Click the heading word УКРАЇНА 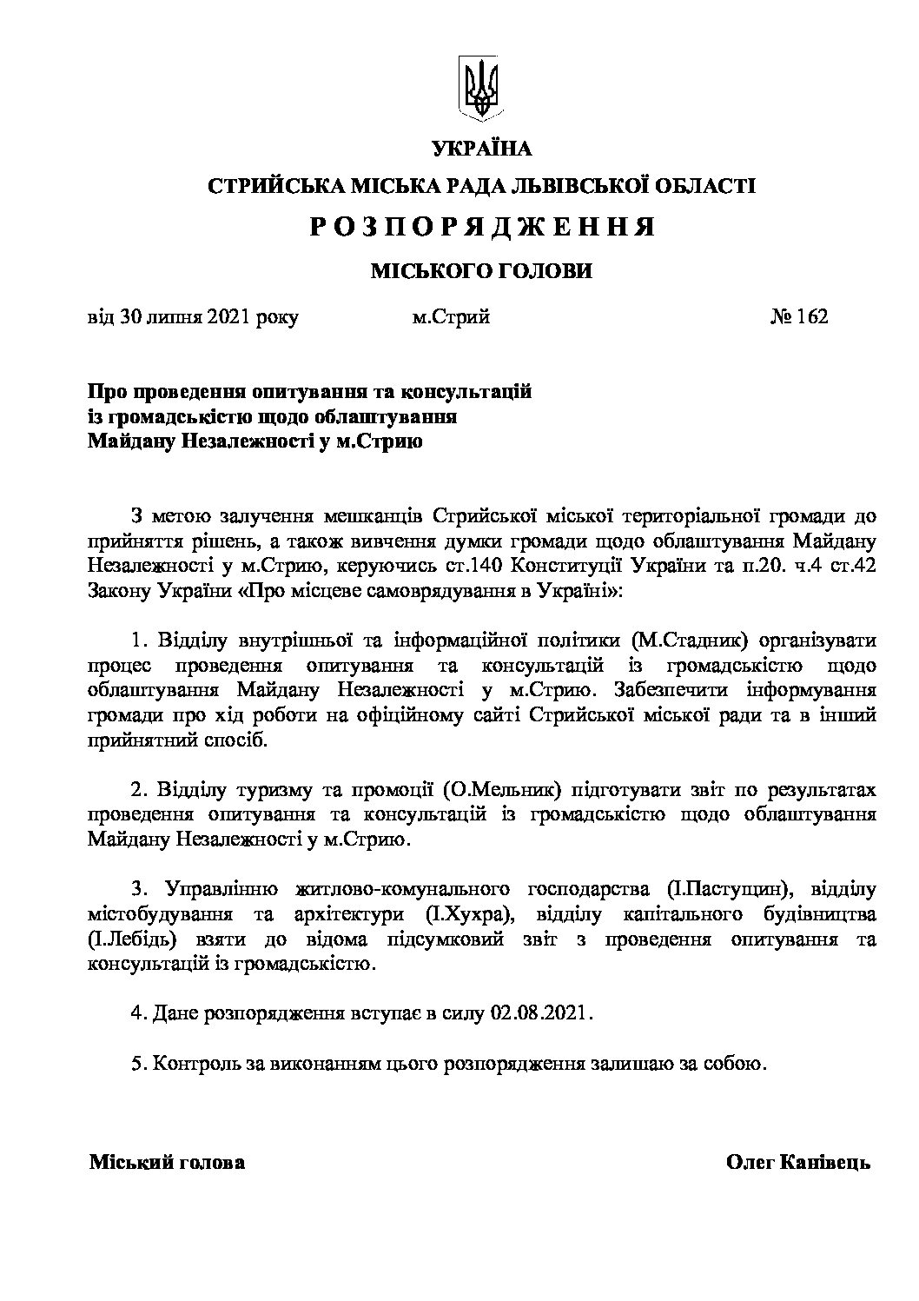481,149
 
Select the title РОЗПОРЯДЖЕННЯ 481,228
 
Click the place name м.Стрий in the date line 451,316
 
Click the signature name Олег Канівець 797,1163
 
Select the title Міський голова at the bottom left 167,1163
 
